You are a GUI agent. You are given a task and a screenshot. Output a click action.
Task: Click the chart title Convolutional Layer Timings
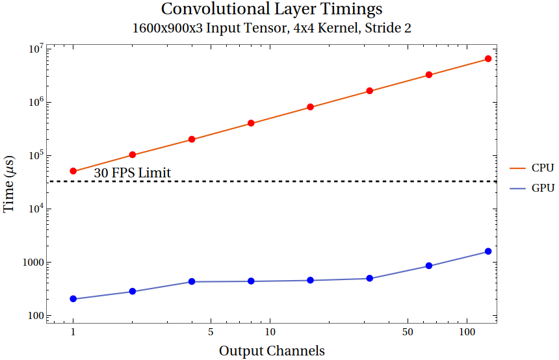coord(272,10)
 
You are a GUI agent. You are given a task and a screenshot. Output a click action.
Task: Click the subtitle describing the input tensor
coord(272,29)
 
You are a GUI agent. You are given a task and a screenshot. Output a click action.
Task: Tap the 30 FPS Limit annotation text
coord(132,173)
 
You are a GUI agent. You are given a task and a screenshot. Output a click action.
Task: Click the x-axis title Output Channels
coord(272,351)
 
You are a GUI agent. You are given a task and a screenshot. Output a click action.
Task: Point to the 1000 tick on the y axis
coord(32,263)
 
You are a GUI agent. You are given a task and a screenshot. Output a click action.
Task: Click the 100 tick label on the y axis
coord(34,316)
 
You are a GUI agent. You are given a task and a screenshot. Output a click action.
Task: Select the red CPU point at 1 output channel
coord(73,171)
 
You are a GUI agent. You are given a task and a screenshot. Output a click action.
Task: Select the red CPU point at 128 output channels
coord(488,59)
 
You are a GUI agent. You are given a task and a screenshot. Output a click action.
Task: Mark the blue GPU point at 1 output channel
coord(73,299)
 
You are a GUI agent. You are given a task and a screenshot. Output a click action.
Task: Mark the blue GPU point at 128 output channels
coord(488,251)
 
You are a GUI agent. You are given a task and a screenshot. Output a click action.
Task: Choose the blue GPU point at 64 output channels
coord(429,266)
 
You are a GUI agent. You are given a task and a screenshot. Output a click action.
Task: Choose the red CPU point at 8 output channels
coord(251,123)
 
